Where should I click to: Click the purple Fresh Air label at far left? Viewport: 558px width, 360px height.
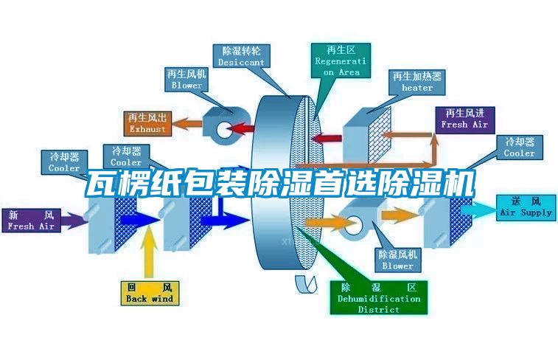[x=31, y=220]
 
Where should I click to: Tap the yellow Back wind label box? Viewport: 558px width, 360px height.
[x=150, y=292]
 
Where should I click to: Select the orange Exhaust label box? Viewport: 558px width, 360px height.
[x=148, y=123]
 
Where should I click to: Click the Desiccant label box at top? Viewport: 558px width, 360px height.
[x=241, y=56]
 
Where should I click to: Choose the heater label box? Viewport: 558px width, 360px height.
[x=417, y=81]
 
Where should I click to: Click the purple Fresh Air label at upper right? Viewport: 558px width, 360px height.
[x=464, y=119]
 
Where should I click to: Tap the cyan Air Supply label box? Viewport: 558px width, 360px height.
[x=526, y=207]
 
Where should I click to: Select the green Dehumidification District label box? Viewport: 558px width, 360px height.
[x=378, y=298]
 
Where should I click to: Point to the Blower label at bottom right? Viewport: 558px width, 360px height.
[x=397, y=260]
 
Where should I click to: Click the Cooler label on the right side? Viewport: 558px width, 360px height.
[x=519, y=148]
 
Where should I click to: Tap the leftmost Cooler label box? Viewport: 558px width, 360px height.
[x=64, y=162]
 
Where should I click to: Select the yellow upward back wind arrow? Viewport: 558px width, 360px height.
[x=150, y=251]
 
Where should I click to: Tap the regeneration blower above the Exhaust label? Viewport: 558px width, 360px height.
[x=220, y=122]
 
